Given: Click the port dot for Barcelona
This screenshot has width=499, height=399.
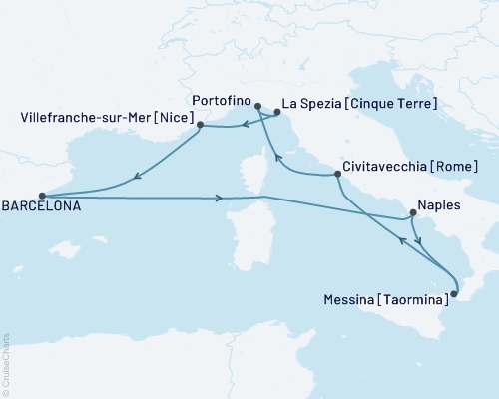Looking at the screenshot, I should click(x=41, y=197).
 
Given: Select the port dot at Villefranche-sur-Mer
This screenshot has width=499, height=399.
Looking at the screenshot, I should click(x=201, y=126).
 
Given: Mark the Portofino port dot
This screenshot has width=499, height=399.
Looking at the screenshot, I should click(x=257, y=106).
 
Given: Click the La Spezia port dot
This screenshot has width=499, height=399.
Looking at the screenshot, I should click(x=275, y=114).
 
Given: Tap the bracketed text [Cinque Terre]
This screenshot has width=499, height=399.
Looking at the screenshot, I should click(x=394, y=103).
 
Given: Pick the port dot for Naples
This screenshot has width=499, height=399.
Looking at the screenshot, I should click(x=412, y=214).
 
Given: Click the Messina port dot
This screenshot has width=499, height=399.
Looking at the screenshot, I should click(x=452, y=292).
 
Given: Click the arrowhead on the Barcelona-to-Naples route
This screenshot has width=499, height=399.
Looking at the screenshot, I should click(x=220, y=199).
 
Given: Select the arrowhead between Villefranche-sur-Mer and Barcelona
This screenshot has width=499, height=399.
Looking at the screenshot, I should click(x=136, y=179).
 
